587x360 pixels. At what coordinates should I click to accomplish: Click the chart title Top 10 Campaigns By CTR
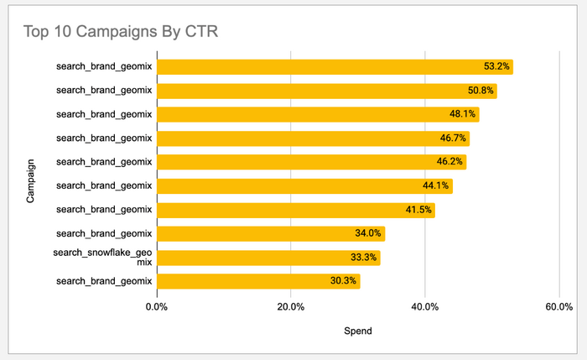(x=122, y=33)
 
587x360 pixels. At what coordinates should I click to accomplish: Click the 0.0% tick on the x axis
(x=156, y=307)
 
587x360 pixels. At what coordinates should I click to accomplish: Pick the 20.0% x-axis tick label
(x=290, y=307)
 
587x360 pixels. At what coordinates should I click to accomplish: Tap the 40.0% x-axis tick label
(x=425, y=307)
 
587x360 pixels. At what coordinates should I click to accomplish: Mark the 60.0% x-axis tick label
(x=559, y=307)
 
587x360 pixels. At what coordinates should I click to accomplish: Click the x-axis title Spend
(x=358, y=331)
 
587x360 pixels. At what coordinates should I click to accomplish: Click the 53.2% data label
(x=496, y=67)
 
